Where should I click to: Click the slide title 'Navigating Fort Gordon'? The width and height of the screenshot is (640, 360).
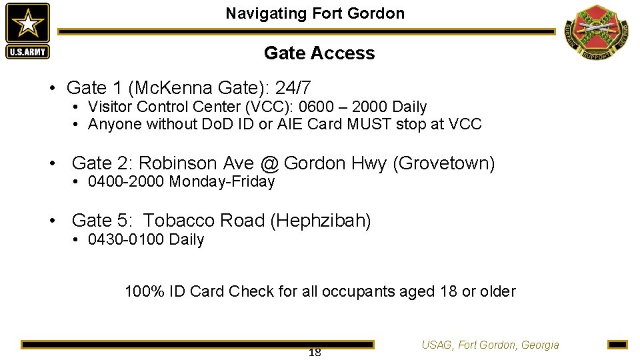point(315,13)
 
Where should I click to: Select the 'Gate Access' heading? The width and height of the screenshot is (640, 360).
point(319,53)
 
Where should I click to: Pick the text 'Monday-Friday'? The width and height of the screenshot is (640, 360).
point(222,181)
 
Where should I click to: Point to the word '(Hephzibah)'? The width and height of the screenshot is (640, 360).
point(321,221)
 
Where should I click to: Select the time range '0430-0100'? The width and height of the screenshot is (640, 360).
point(126,239)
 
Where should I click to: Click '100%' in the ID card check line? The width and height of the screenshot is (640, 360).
point(143,291)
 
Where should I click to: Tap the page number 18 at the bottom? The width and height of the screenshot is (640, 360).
point(315,352)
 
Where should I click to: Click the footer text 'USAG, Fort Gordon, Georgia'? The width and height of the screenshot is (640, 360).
point(490,345)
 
